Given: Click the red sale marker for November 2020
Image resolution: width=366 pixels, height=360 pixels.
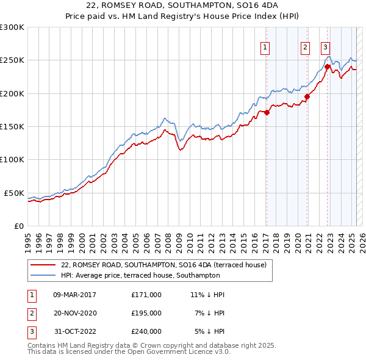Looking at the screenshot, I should [307, 96].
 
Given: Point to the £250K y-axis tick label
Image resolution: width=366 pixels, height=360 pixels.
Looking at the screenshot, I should [12, 60].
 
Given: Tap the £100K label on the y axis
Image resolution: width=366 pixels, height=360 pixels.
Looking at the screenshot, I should [12, 159].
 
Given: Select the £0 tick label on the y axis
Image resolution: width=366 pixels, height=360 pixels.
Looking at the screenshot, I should [18, 226].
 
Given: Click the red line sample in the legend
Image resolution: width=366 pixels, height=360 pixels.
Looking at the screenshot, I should [43, 265].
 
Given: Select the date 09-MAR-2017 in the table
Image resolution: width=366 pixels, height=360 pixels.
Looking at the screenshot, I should [76, 295].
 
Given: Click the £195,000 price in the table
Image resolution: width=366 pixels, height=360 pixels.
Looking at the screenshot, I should [146, 313].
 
